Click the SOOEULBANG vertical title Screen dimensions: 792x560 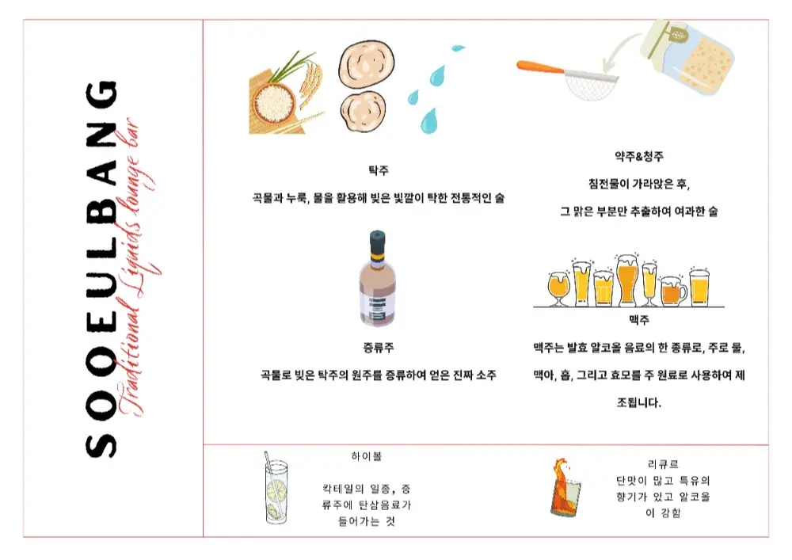tap(101, 269)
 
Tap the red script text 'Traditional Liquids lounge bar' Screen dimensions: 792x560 tap(135, 268)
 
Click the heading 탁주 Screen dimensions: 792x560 tap(379, 170)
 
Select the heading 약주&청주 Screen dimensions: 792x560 tap(639, 157)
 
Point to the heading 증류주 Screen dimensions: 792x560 tap(379, 348)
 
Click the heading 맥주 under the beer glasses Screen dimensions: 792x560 tap(639, 320)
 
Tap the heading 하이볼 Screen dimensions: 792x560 tap(367, 456)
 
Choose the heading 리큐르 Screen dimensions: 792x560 tap(663, 464)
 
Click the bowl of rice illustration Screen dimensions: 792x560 tap(272, 102)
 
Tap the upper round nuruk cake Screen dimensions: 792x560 tap(366, 64)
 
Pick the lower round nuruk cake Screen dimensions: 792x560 tap(363, 111)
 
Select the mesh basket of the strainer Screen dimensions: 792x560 tap(590, 85)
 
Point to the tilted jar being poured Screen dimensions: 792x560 tap(689, 56)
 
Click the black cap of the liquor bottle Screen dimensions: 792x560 tap(377, 242)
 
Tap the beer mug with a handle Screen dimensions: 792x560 tap(674, 291)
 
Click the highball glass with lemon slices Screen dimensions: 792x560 tap(276, 491)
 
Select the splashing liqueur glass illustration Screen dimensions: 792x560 tap(565, 488)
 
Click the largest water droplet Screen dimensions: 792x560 tap(429, 121)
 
